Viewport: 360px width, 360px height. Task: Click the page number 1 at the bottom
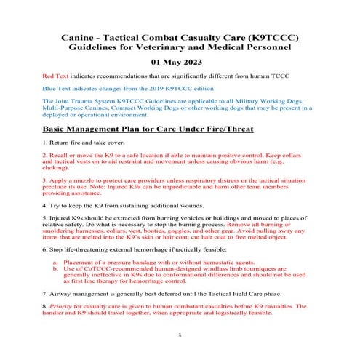tap(180, 335)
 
